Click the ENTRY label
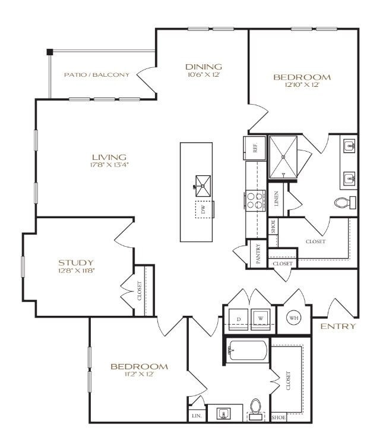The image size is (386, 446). coord(338,326)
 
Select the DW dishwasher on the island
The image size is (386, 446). coord(203,209)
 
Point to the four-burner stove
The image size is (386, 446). coord(255,200)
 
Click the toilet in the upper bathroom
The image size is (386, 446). coord(343,203)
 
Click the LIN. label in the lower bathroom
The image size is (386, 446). coord(197,416)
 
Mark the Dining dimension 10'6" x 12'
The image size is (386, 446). coord(203,75)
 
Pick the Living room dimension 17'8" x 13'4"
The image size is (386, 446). coord(109,165)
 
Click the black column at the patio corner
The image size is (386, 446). coord(50,52)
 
